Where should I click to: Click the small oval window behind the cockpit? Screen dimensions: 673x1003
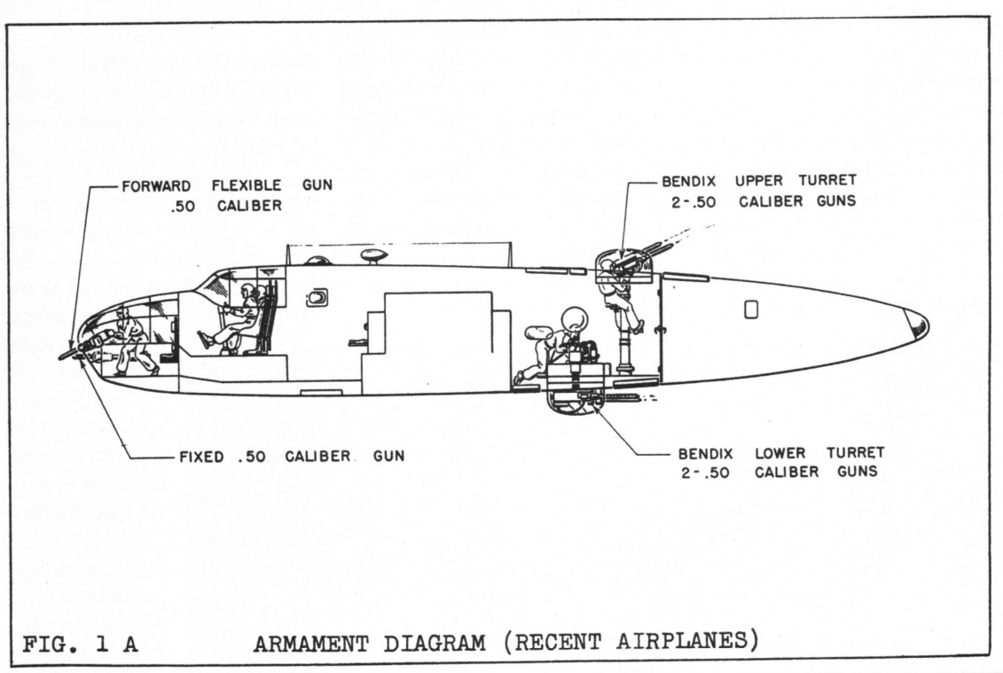(x=317, y=299)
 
